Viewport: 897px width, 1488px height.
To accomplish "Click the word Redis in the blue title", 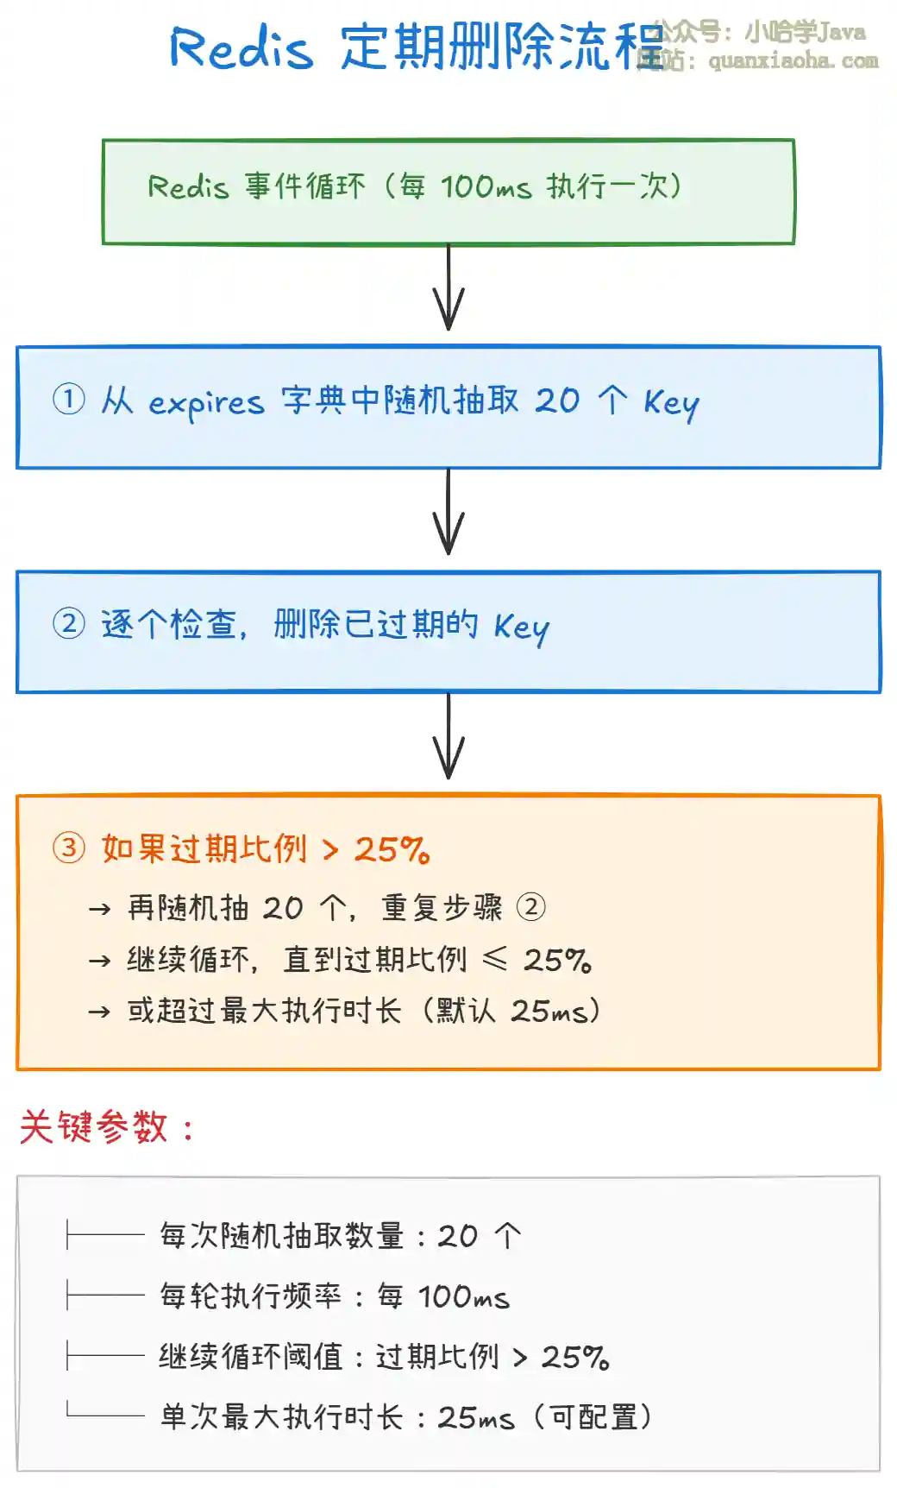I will [241, 47].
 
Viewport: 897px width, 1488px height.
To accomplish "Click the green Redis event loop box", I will [448, 192].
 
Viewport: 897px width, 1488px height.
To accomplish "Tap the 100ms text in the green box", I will [486, 186].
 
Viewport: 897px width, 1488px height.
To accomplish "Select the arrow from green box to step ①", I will [448, 287].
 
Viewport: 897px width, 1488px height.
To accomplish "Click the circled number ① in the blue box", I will [69, 400].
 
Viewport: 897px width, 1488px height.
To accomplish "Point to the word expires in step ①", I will [206, 403].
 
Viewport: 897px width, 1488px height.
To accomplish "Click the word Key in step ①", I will [670, 403].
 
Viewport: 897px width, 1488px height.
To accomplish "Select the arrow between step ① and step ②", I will [448, 512].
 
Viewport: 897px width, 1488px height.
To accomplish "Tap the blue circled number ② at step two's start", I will [69, 623].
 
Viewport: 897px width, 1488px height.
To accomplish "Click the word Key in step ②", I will [521, 627].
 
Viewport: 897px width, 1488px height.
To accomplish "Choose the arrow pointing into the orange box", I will [448, 736].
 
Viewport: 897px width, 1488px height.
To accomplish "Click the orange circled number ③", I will [69, 848].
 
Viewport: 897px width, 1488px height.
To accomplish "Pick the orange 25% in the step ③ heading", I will [392, 850].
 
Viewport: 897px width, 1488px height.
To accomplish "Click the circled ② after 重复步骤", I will [530, 907].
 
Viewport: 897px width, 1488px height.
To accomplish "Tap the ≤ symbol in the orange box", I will [495, 958].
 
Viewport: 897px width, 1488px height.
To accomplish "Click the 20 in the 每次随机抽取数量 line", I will [457, 1236].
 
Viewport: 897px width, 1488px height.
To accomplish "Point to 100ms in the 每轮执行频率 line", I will [463, 1296].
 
